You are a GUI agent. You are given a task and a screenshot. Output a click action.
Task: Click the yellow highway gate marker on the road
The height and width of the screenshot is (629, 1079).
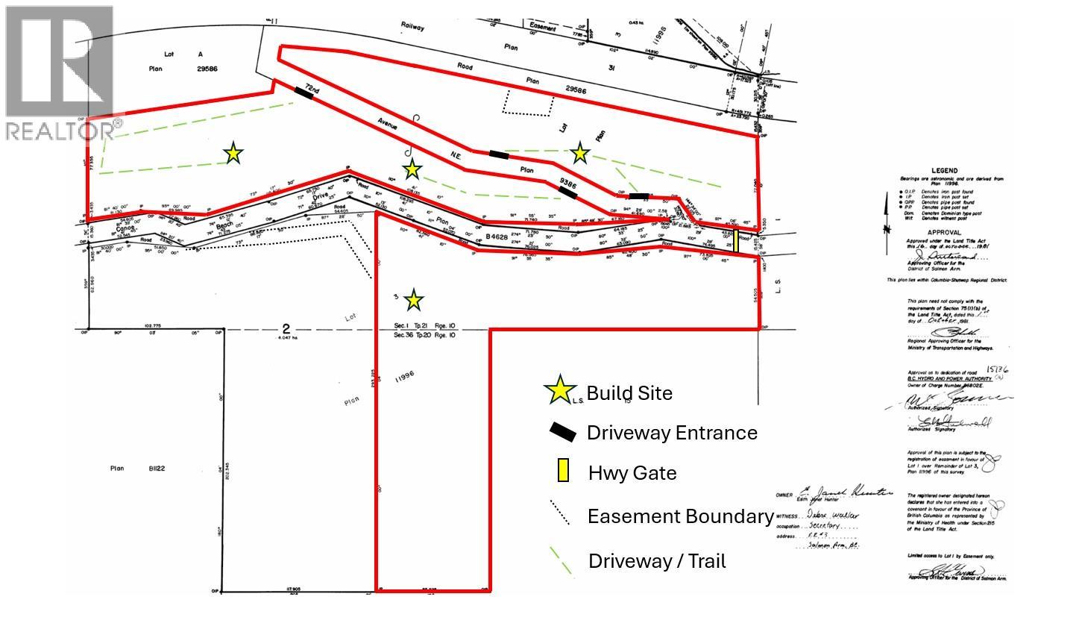coord(736,241)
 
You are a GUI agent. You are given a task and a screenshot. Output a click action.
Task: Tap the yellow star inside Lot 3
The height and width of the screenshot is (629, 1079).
coord(414,301)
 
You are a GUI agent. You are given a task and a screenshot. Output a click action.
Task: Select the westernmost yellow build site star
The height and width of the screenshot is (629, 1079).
coord(233,154)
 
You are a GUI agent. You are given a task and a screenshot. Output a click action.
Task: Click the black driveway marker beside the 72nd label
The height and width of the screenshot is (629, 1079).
coord(303,92)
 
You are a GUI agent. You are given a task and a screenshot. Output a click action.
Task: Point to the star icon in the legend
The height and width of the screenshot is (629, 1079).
coord(560,391)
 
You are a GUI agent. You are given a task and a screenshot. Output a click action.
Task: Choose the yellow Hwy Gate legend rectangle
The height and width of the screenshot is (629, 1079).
coord(563,472)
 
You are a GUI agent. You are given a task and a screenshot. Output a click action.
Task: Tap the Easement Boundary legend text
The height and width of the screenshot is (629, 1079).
coord(680,516)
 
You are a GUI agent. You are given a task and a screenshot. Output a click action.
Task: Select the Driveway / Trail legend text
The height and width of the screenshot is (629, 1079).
coord(657,561)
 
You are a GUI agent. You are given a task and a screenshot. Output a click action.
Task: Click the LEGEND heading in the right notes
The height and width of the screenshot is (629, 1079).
coord(944,171)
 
